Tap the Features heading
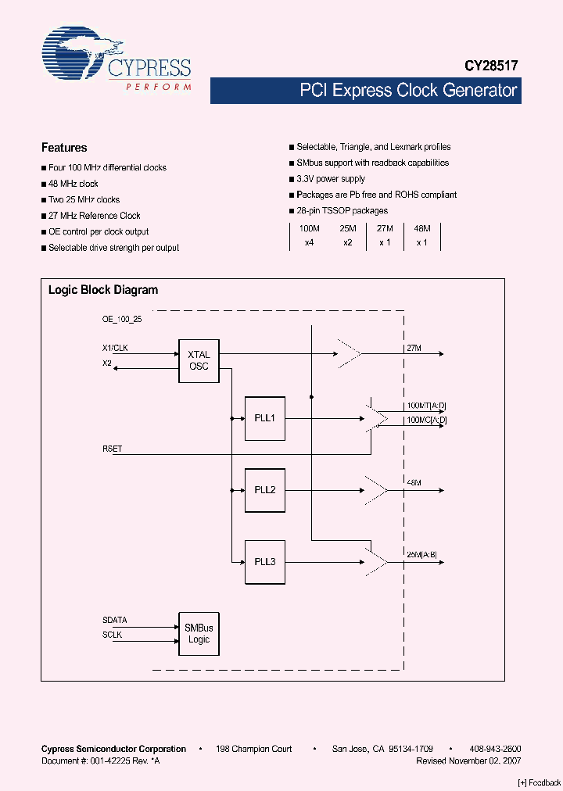(64, 148)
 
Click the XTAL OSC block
(199, 360)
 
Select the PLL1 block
(264, 418)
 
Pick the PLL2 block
(264, 490)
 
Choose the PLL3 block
(264, 562)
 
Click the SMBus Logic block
(199, 633)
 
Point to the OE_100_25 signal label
(121, 319)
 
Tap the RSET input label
(112, 449)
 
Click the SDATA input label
(114, 620)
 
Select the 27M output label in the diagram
(414, 347)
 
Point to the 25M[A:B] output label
(421, 555)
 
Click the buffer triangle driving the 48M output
(376, 490)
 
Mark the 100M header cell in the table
(309, 228)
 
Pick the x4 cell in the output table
(309, 243)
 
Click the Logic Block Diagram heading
(103, 290)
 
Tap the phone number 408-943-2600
(494, 749)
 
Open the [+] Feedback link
(540, 782)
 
